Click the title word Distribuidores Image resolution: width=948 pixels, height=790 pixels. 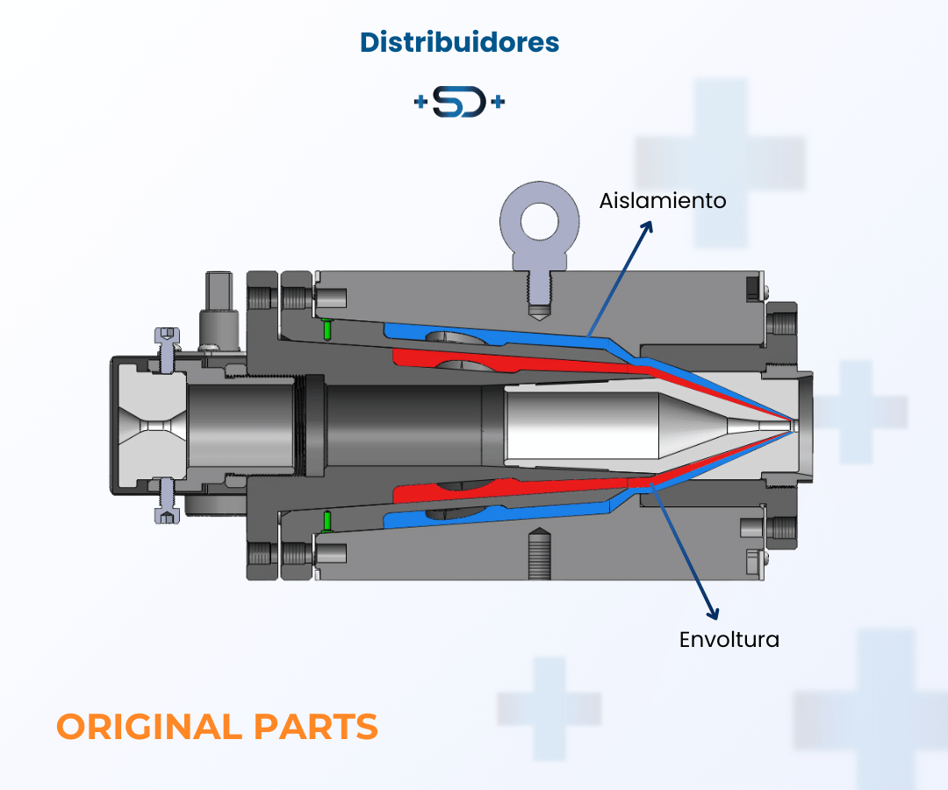459,42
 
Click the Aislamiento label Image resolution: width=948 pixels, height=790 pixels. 663,200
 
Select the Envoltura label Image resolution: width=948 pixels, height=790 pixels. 729,639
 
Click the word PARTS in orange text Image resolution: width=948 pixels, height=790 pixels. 316,727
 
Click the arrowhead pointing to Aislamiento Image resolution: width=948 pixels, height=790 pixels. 650,226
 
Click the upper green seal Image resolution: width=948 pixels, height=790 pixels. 327,330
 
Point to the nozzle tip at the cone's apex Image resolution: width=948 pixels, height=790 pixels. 793,425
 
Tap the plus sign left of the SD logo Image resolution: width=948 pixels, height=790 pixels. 420,103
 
